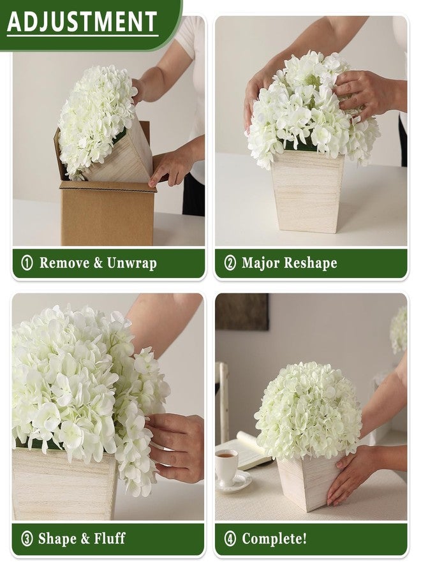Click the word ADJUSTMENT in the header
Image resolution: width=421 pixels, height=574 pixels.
(82, 21)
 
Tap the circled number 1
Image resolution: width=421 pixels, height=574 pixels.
(27, 263)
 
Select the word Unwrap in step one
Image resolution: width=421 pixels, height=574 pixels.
(132, 263)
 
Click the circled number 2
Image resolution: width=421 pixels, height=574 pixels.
(230, 263)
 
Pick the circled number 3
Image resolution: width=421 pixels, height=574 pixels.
(27, 538)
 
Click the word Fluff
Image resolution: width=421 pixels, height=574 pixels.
(110, 538)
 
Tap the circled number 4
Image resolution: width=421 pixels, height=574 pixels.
(230, 538)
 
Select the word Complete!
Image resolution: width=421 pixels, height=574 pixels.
(274, 539)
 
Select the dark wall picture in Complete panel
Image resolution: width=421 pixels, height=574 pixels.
(242, 312)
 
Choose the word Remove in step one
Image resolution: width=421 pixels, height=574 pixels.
(64, 263)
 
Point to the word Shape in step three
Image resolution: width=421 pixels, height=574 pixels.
(58, 539)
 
